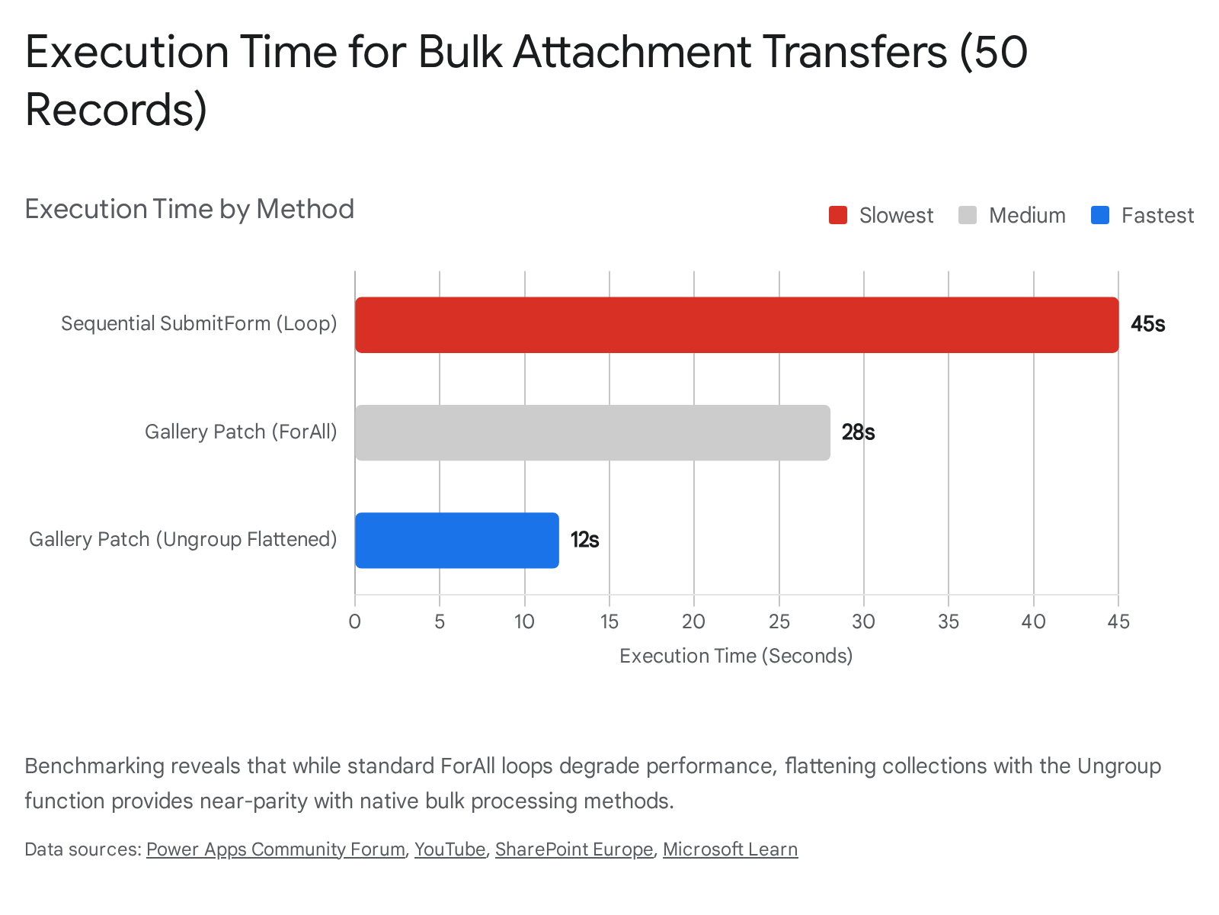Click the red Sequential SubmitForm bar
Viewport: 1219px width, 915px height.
(736, 325)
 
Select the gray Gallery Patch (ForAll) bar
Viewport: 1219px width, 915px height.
(592, 432)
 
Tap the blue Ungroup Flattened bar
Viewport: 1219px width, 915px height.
(456, 540)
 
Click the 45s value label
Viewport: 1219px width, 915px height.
(1147, 324)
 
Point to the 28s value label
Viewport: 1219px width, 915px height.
(858, 432)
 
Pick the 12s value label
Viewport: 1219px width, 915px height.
(584, 540)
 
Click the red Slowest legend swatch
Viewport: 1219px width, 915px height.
(838, 216)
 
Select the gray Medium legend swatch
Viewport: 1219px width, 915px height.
(968, 216)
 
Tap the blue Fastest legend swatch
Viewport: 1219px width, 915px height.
(1100, 216)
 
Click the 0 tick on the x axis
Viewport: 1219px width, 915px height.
(355, 621)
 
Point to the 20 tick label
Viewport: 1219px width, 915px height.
(693, 621)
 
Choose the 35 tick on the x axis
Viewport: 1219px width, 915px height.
(949, 621)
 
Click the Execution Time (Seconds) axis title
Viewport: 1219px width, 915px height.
(736, 656)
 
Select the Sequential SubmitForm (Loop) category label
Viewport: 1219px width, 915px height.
(199, 323)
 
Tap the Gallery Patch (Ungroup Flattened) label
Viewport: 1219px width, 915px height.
(183, 539)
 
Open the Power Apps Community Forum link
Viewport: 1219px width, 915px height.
(275, 849)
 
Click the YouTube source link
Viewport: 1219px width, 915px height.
(450, 849)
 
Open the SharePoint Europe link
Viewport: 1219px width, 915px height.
(574, 849)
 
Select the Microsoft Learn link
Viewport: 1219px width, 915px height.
(730, 849)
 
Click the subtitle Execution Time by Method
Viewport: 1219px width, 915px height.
(190, 209)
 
